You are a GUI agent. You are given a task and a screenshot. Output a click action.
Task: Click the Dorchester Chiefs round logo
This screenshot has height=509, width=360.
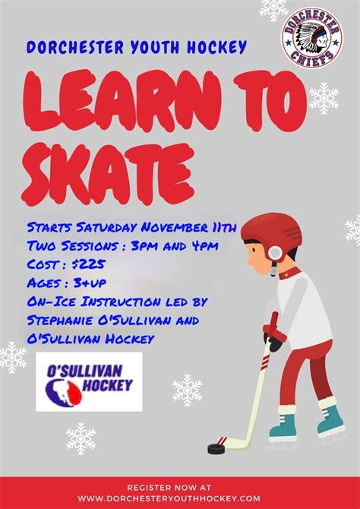[x=311, y=37]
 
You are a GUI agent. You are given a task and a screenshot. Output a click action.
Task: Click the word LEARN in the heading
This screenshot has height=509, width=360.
[x=123, y=101]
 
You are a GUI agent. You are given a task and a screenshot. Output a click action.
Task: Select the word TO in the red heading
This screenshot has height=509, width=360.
[x=270, y=101]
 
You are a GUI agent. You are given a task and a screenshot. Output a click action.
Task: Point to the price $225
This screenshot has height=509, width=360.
[x=88, y=264]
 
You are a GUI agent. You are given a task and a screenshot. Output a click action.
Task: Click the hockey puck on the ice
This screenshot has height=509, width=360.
[x=216, y=448]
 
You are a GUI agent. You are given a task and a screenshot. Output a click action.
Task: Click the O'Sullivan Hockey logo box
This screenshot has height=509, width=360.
[x=89, y=381]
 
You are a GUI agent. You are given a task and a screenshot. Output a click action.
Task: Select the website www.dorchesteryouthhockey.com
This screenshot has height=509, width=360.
[x=169, y=498]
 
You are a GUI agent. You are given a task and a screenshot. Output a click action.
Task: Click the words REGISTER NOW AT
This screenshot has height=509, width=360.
[x=169, y=487]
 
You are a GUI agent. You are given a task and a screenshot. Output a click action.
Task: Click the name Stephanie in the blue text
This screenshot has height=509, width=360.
[x=59, y=321]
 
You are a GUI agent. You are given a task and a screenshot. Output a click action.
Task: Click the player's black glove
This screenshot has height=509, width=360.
[x=273, y=343]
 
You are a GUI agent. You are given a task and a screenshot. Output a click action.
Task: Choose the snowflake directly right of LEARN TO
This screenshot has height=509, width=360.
[x=324, y=98]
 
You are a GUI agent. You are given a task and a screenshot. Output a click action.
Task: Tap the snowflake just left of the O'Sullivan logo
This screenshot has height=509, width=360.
[x=13, y=357]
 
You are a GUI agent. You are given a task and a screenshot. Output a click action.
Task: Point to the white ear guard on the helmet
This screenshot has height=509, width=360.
[x=275, y=253]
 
